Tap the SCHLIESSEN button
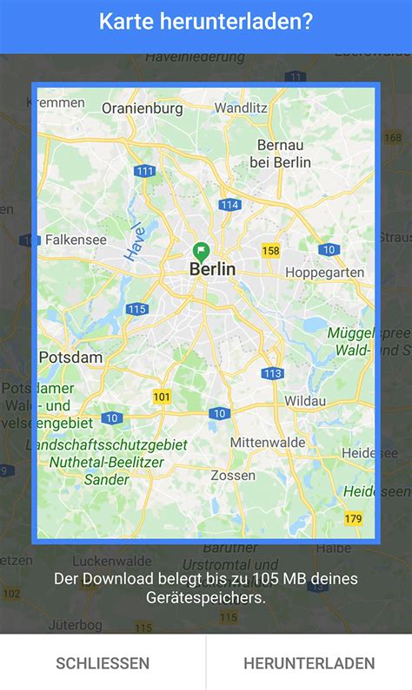(x=103, y=663)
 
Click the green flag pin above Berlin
(x=201, y=252)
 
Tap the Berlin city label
(x=212, y=270)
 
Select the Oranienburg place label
(x=143, y=108)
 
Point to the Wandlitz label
(x=240, y=108)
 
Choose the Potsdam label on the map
(x=70, y=357)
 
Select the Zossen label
(x=233, y=475)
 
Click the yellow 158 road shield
(x=271, y=251)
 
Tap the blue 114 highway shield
(x=229, y=205)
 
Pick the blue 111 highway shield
(x=145, y=171)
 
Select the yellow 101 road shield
(x=162, y=397)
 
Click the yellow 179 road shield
(x=353, y=519)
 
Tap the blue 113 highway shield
(x=272, y=373)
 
